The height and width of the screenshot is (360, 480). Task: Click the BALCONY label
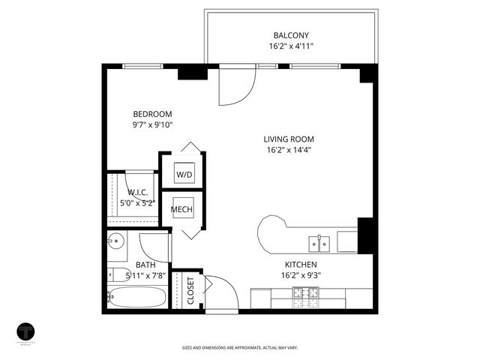pos(291,35)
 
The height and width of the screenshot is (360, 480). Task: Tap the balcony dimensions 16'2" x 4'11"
pos(291,46)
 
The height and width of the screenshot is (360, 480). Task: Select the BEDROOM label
pos(153,114)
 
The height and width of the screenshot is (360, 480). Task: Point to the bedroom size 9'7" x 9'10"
pos(153,125)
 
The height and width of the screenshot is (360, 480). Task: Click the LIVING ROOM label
pos(288,139)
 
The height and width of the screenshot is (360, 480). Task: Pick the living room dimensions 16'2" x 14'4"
pos(288,150)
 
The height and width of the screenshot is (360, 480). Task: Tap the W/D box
pos(184,175)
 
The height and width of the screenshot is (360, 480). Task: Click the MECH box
pos(182,209)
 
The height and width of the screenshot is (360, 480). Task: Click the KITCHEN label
pos(300,265)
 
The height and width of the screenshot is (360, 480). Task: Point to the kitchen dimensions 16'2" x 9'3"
pos(300,276)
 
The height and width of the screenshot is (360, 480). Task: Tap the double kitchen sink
pos(319,243)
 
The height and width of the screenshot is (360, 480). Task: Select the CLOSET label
pos(190,291)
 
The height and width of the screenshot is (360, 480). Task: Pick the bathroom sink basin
pos(116,242)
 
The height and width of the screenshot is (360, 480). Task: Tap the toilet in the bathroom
pos(117,274)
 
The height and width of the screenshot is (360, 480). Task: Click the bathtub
pos(137,297)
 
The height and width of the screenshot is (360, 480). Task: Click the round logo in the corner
pos(27,331)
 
